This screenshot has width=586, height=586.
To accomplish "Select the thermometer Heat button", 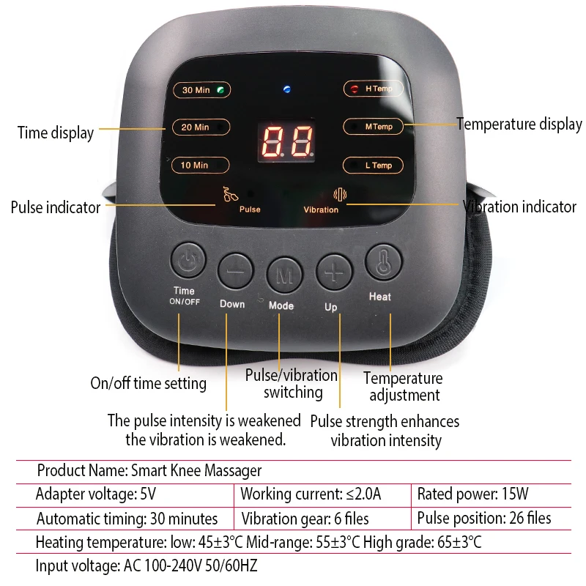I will coord(382,262).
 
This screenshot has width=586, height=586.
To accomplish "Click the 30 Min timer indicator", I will coord(201,90).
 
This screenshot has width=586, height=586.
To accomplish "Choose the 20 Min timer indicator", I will coord(201,127).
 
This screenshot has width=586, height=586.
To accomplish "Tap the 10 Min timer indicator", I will coord(201,165).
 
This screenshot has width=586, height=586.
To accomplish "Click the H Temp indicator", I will coord(374,89).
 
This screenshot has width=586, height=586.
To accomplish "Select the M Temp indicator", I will coord(374,127).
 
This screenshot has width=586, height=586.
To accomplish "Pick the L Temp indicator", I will coord(374,165).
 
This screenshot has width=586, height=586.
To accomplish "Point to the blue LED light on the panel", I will coord(287,90).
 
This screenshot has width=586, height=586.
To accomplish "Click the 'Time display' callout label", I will coord(56,133).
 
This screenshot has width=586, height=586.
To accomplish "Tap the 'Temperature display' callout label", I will coord(519,125).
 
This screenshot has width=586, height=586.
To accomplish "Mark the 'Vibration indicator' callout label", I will coord(519,207).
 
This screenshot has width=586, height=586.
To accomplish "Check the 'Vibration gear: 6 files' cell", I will coord(305,519).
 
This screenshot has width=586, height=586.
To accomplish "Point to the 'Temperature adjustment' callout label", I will coord(404,387).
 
